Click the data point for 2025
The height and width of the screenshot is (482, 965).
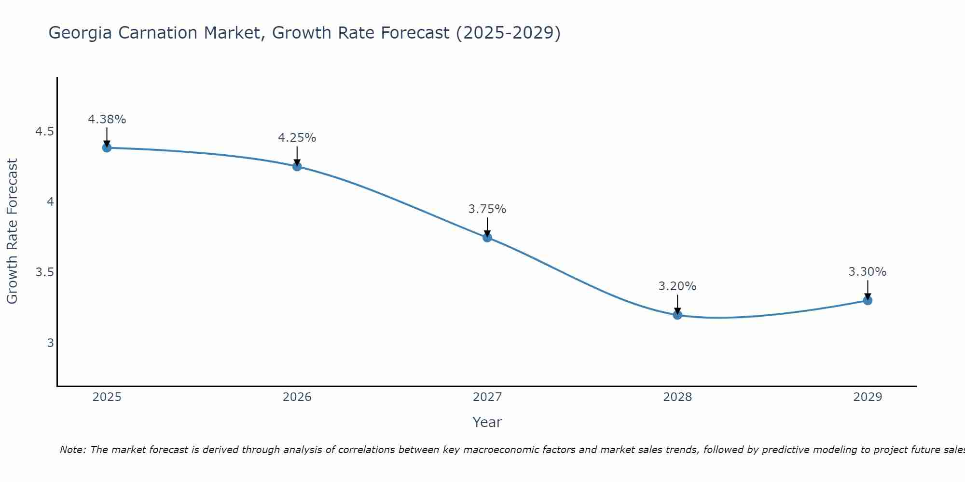click(107, 147)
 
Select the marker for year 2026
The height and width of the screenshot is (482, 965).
click(297, 166)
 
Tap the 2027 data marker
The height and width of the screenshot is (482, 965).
click(487, 237)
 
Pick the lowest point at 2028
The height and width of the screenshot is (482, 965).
click(677, 315)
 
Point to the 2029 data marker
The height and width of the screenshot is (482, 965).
click(867, 300)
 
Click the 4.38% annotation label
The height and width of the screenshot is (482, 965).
click(107, 120)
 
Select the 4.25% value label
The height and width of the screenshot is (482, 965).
click(297, 138)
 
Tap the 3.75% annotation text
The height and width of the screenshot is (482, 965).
click(487, 209)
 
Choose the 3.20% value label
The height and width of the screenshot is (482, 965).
click(677, 286)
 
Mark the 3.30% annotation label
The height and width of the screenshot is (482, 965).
click(867, 272)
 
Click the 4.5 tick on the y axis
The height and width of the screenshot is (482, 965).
click(44, 132)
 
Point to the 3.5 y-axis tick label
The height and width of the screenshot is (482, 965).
click(44, 272)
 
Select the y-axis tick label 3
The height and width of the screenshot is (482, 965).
click(50, 343)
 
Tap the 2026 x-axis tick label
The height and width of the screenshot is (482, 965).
click(297, 397)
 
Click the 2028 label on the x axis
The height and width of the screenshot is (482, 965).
click(677, 397)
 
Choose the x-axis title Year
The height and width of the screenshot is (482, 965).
click(487, 422)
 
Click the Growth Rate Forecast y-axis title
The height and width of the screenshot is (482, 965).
click(12, 231)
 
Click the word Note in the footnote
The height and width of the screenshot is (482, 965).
click(72, 450)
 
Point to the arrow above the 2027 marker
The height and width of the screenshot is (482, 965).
click(487, 227)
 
